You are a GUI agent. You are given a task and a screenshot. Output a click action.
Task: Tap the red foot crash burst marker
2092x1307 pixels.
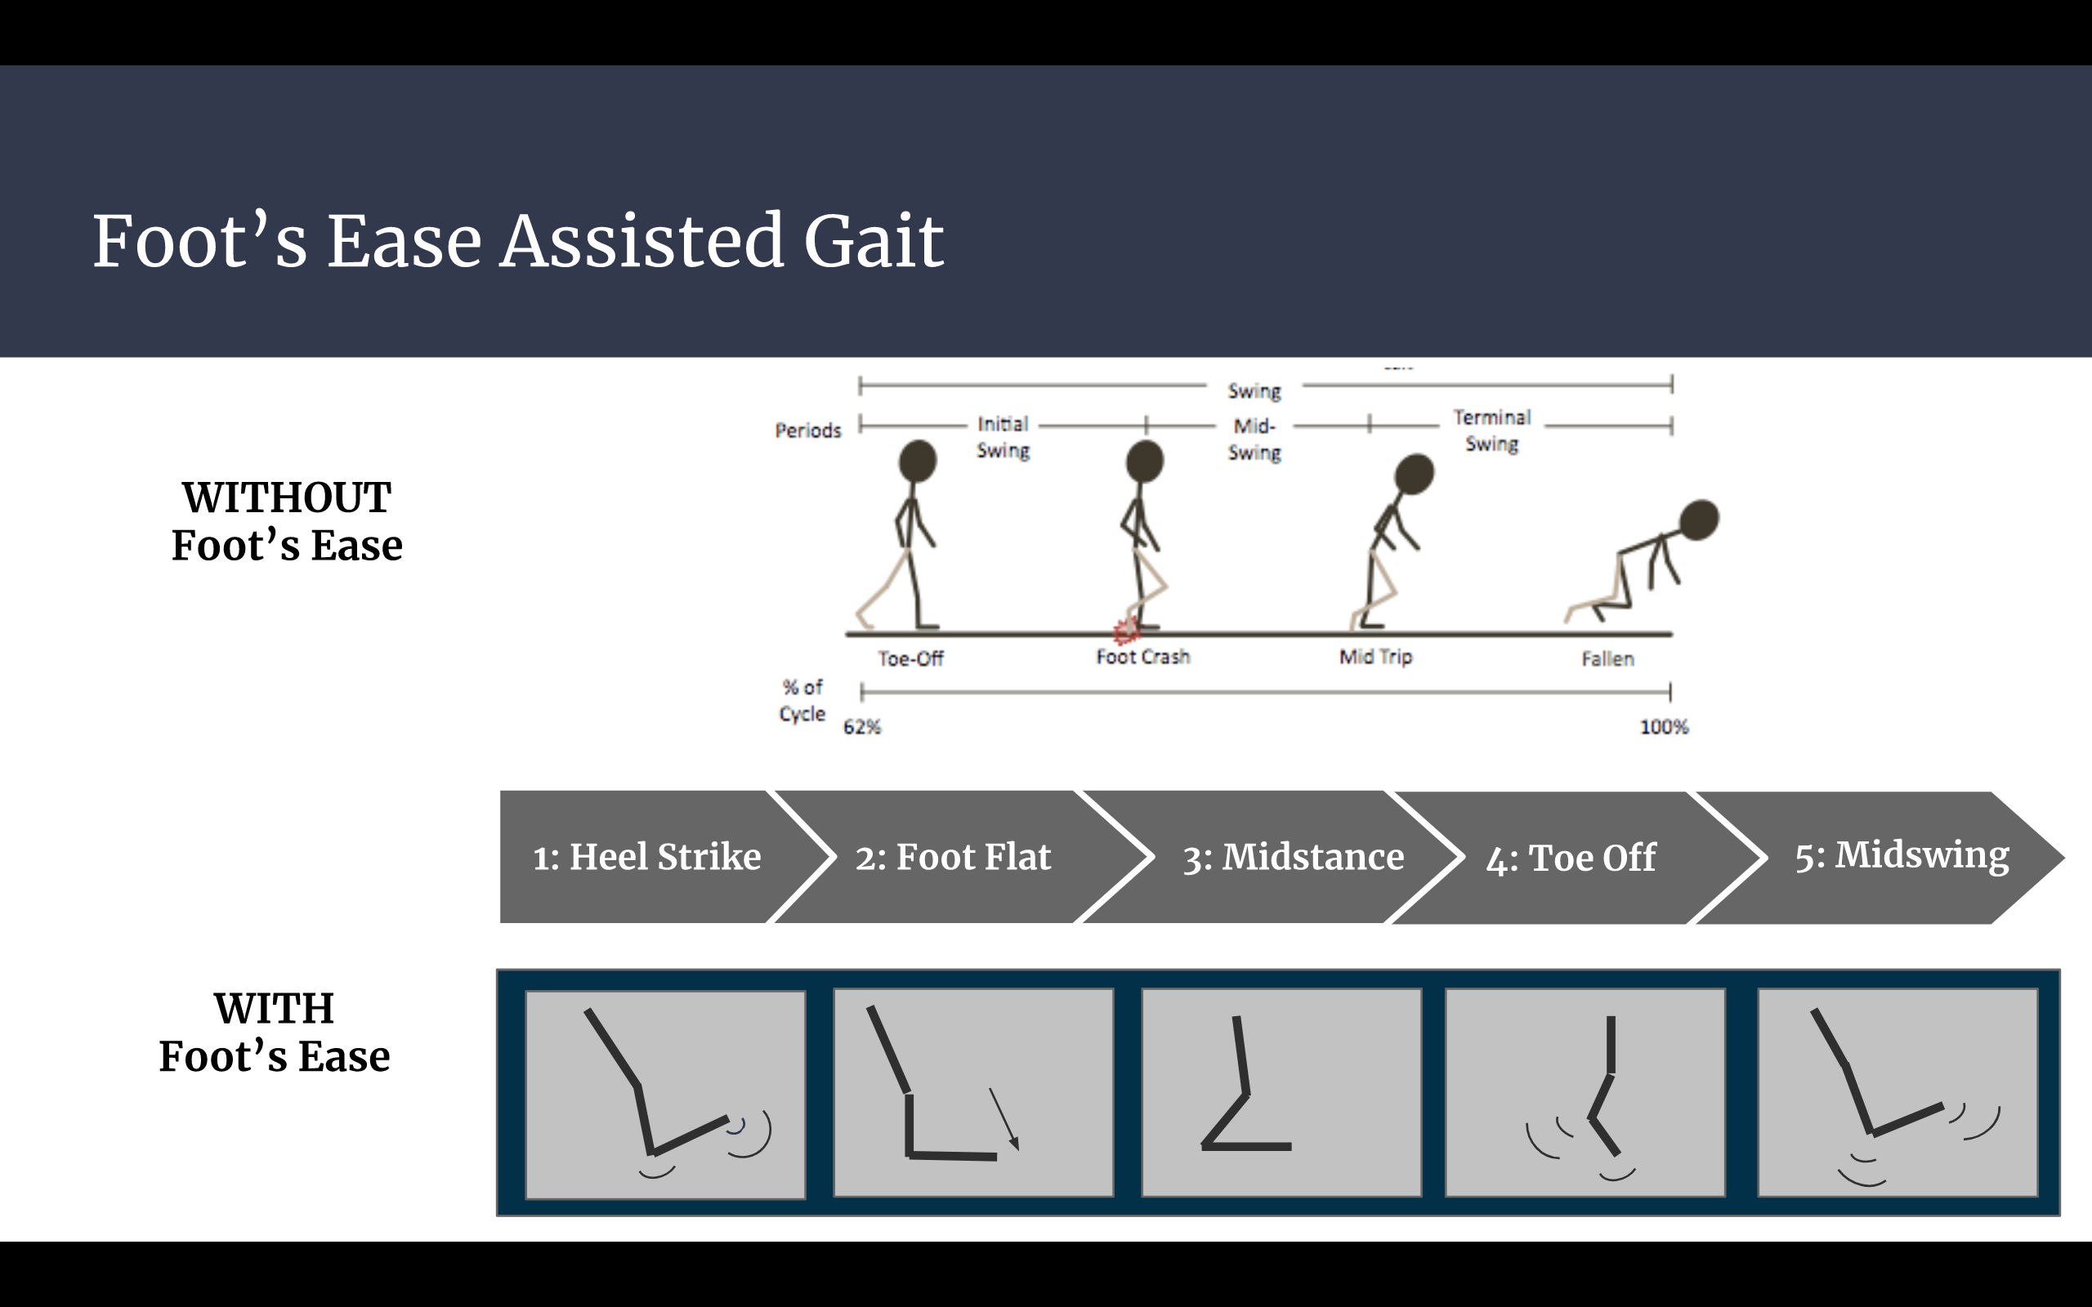pyautogui.click(x=1124, y=631)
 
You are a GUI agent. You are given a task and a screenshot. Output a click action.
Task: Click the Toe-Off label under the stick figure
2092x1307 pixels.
pyautogui.click(x=910, y=658)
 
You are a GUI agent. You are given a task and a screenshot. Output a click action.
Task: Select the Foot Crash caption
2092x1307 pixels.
pyautogui.click(x=1142, y=657)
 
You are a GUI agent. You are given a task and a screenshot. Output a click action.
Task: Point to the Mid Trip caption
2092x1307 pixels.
pyautogui.click(x=1375, y=657)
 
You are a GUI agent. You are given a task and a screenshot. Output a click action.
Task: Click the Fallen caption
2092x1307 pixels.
pyautogui.click(x=1607, y=658)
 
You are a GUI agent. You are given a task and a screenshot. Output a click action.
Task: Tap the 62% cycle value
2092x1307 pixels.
pyautogui.click(x=862, y=727)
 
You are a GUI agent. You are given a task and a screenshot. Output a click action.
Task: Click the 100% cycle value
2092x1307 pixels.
pyautogui.click(x=1663, y=727)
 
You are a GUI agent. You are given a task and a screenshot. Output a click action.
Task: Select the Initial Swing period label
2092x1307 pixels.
pyautogui.click(x=1003, y=437)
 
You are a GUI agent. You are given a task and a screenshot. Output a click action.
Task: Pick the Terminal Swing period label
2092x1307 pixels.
pyautogui.click(x=1491, y=430)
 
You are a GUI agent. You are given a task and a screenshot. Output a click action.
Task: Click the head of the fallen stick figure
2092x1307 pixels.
pyautogui.click(x=1699, y=520)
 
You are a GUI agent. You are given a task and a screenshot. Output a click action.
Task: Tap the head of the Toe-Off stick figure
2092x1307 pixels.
pyautogui.click(x=917, y=460)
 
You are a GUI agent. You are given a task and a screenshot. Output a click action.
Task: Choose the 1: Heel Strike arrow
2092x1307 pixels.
pyautogui.click(x=646, y=857)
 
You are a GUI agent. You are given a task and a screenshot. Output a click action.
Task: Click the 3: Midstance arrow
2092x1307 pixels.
pyautogui.click(x=1292, y=857)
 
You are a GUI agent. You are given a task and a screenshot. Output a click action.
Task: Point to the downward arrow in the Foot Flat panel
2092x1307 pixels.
pyautogui.click(x=1004, y=1119)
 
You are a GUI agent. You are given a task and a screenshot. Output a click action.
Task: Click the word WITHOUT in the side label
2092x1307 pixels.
pyautogui.click(x=286, y=498)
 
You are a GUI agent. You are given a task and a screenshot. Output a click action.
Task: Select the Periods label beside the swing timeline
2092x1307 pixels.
pyautogui.click(x=807, y=430)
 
